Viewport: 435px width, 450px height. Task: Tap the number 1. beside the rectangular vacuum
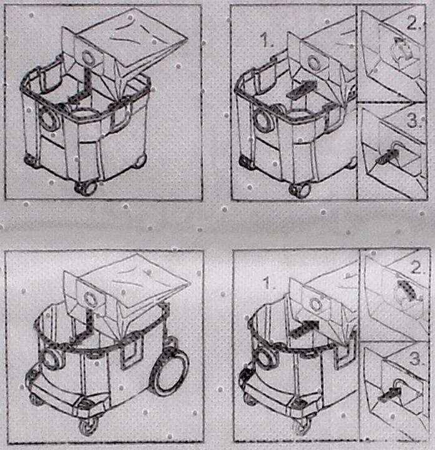[x=267, y=41]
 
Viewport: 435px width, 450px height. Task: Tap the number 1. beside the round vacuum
[x=270, y=284]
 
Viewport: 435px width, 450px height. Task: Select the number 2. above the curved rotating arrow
[x=414, y=24]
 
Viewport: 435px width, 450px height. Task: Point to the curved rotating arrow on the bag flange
[x=401, y=48]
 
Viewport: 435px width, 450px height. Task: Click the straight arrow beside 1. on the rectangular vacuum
[x=303, y=89]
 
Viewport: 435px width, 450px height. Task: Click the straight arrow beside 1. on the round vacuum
[x=305, y=329]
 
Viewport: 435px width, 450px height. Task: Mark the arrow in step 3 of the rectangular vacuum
[x=387, y=157]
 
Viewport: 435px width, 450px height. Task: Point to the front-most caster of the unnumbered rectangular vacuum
[x=86, y=188]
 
